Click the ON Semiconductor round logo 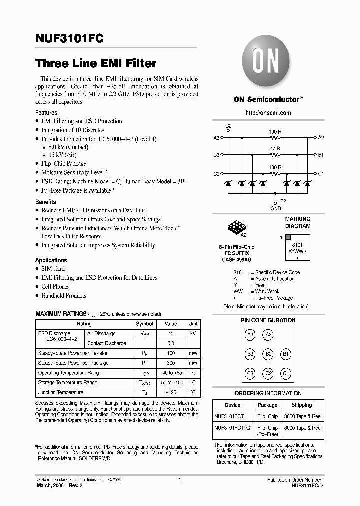267,64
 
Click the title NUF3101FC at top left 69,39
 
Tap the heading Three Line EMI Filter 96,64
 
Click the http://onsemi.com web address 268,113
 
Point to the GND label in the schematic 275,208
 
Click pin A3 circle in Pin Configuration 251,335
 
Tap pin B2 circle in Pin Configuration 268,354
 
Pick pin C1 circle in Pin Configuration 286,373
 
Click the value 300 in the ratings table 170,363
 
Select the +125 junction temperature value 170,392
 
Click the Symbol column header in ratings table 144,324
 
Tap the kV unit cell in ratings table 193,333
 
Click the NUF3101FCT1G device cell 233,428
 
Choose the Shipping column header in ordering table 302,405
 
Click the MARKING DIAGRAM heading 297,222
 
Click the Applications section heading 51,260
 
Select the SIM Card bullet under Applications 53,269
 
